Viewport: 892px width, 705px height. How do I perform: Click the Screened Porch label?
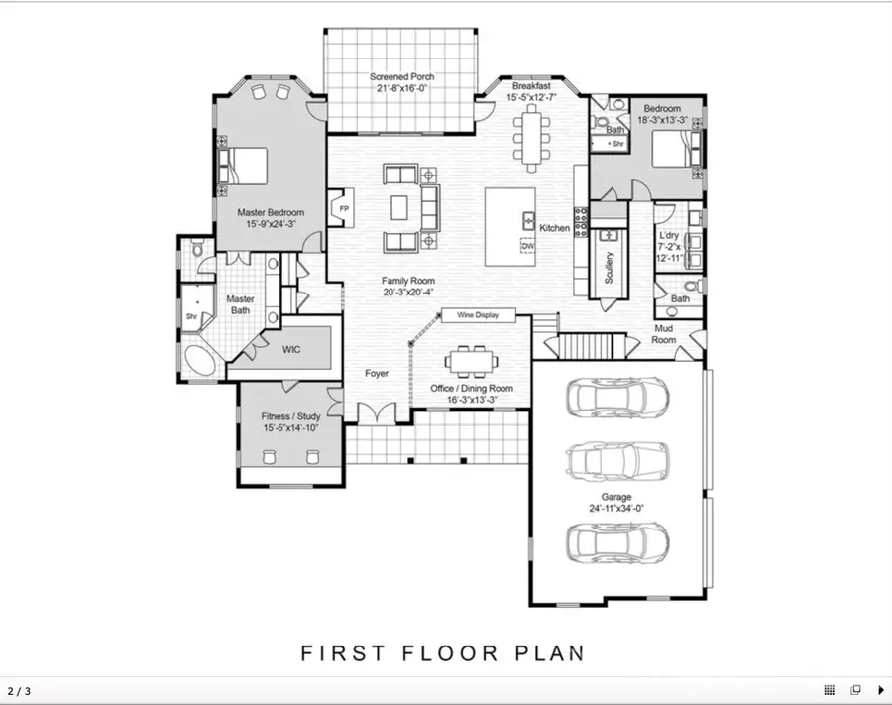point(401,77)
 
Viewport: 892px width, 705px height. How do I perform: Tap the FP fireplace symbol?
point(344,209)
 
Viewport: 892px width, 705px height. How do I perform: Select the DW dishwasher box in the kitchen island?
point(527,245)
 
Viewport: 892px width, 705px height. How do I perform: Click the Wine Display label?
point(478,315)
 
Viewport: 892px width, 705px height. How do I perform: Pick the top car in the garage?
point(615,397)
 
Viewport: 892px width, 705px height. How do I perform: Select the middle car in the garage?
point(615,460)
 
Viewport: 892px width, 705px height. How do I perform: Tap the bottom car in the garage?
point(615,541)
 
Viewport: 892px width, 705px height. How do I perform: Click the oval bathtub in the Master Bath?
point(201,362)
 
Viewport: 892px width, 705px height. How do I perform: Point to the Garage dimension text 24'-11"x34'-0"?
point(615,509)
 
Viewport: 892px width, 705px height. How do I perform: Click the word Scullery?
point(609,265)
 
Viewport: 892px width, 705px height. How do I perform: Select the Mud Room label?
point(663,333)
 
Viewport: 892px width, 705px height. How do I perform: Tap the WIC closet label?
point(291,349)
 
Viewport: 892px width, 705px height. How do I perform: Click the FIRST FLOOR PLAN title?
point(442,653)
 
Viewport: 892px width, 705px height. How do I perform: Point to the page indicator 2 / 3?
point(19,690)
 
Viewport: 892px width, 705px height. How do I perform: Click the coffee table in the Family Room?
point(399,207)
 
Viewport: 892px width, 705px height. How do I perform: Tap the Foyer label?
point(377,374)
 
